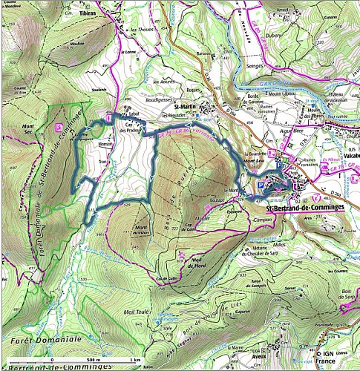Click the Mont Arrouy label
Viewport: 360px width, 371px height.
click(x=143, y=229)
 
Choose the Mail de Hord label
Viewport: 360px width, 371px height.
click(x=194, y=260)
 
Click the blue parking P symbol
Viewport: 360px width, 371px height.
click(x=260, y=186)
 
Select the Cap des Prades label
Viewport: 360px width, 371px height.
click(x=131, y=125)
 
